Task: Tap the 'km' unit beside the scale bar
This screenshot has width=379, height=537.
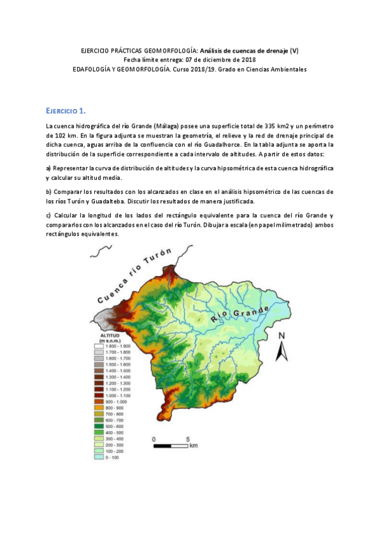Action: tap(194, 445)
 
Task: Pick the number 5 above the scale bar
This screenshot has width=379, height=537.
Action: tap(187, 438)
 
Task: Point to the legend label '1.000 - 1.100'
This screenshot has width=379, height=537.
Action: tap(118, 396)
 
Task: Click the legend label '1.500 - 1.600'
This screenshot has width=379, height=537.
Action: tap(118, 365)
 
